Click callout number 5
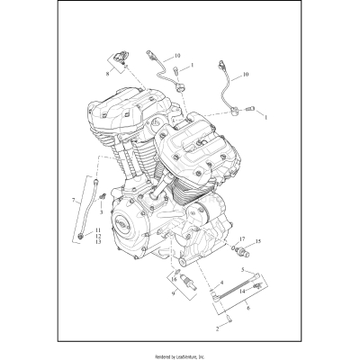tap(241, 270)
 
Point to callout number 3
tap(101, 212)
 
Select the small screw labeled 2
tap(228, 321)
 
